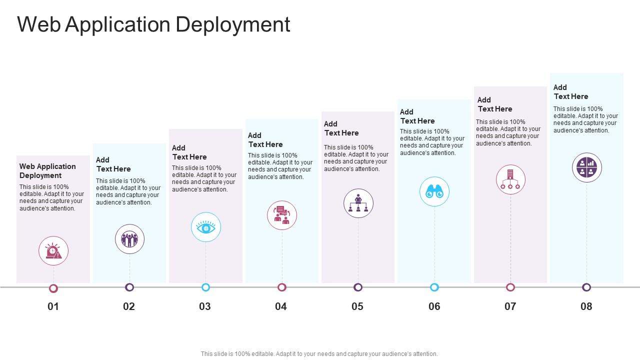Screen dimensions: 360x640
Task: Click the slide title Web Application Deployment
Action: tap(153, 24)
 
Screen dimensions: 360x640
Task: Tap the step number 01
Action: tap(53, 306)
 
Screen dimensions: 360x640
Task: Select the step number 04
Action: tap(281, 306)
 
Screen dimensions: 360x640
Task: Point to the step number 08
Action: tap(586, 306)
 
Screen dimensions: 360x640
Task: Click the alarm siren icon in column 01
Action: tap(53, 251)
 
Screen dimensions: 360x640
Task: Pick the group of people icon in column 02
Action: tap(129, 239)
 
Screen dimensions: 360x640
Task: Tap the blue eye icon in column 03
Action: tap(205, 227)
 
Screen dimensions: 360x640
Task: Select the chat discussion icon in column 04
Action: tap(282, 215)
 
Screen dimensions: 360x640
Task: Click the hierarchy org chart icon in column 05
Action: tap(358, 203)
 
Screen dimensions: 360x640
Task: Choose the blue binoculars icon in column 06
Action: tap(434, 191)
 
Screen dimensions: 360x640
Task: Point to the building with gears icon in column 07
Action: tap(510, 179)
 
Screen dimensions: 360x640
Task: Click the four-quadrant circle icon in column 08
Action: tap(586, 167)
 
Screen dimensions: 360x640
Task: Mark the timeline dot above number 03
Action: tap(205, 287)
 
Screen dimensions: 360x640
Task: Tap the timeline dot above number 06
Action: tap(434, 287)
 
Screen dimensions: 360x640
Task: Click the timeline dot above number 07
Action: tap(510, 287)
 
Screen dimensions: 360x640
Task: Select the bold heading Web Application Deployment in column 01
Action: tap(47, 171)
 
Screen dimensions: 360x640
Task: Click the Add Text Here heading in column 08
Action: tap(570, 92)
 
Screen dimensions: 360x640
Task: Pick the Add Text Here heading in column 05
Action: tap(341, 128)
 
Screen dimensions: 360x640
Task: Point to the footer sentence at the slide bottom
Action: tap(319, 353)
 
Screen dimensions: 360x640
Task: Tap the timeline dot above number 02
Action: tap(129, 287)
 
